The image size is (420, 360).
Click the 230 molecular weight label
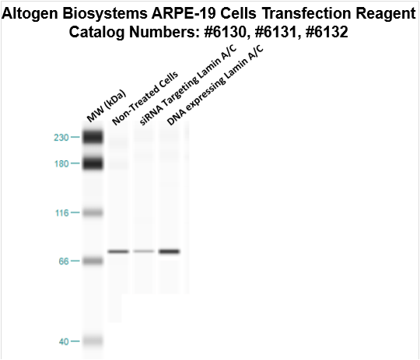coord(60,138)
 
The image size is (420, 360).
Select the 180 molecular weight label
coord(60,163)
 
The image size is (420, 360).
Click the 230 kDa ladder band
coord(93,138)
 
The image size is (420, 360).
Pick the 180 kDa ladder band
coord(93,163)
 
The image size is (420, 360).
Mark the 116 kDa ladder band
coord(93,212)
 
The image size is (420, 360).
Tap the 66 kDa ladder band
coord(93,260)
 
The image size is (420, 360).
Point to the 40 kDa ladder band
coord(93,341)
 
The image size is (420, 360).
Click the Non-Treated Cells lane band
coord(118,251)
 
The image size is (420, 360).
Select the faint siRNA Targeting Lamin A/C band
coord(144,251)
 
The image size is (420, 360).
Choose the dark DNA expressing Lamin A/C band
coord(170,251)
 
